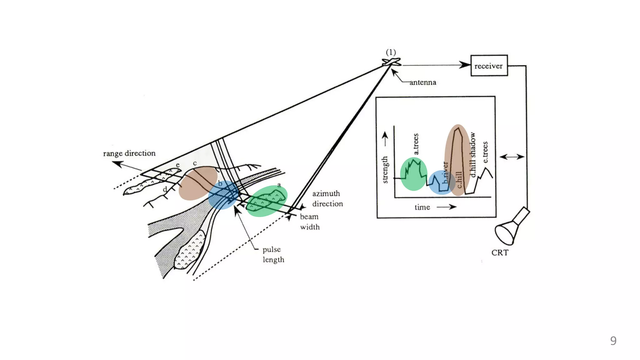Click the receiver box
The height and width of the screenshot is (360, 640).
pyautogui.click(x=489, y=66)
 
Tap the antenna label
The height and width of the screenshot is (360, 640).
pyautogui.click(x=422, y=82)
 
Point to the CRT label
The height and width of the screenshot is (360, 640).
pyautogui.click(x=500, y=253)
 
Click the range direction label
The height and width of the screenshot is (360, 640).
pyautogui.click(x=129, y=153)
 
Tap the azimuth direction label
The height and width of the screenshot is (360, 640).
pyautogui.click(x=327, y=199)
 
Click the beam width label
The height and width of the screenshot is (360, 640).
pyautogui.click(x=309, y=222)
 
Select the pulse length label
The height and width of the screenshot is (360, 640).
pyautogui.click(x=273, y=255)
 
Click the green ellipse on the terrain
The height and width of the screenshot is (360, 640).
pyautogui.click(x=267, y=201)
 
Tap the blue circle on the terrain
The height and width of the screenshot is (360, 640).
pyautogui.click(x=223, y=195)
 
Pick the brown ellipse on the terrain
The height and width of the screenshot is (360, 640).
pyautogui.click(x=198, y=183)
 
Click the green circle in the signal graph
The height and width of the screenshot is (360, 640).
pyautogui.click(x=413, y=174)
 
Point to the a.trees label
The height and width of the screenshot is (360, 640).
pyautogui.click(x=416, y=144)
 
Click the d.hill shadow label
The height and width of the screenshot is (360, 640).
pyautogui.click(x=473, y=155)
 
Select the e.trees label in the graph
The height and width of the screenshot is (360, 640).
pyautogui.click(x=485, y=152)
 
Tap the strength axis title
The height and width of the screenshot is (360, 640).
pyautogui.click(x=385, y=170)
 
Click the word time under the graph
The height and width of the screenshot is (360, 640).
pyautogui.click(x=422, y=207)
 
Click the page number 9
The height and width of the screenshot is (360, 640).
pyautogui.click(x=613, y=341)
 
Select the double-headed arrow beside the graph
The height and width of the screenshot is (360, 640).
pyautogui.click(x=512, y=157)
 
